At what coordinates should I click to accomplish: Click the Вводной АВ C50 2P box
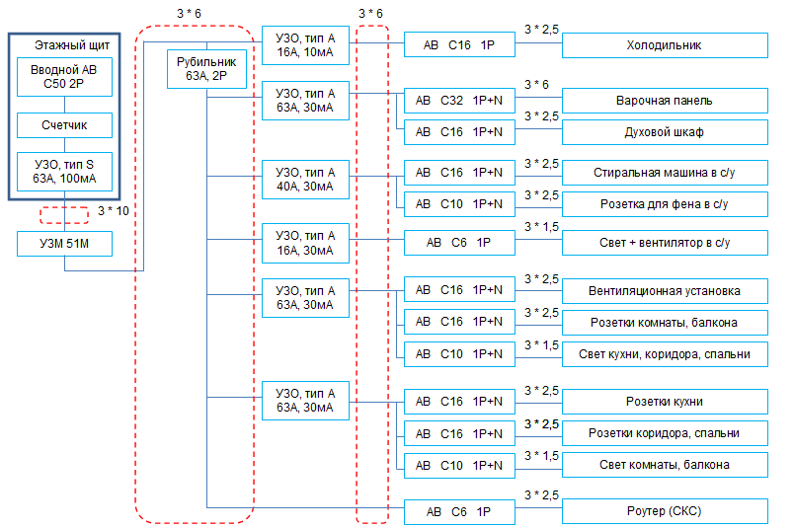click(64, 77)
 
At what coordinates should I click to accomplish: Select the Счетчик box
click(64, 125)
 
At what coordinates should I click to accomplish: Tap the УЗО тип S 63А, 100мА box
click(64, 172)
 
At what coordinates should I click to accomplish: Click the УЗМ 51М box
click(64, 244)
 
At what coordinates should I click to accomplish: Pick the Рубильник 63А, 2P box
click(206, 69)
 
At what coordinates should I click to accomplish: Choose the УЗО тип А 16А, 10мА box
click(305, 45)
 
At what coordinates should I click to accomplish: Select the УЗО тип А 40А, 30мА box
click(305, 180)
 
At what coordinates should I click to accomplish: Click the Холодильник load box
click(665, 45)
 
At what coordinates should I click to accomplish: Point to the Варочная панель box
click(665, 101)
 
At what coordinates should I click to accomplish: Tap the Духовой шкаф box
click(665, 132)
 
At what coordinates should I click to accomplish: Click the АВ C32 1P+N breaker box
click(459, 101)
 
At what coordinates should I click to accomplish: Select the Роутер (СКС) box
click(665, 512)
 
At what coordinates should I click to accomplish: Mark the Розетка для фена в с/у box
click(665, 204)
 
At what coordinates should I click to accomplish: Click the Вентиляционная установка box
click(665, 291)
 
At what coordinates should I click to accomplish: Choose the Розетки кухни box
click(665, 402)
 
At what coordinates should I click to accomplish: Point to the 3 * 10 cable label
click(114, 211)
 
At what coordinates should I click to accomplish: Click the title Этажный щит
click(72, 45)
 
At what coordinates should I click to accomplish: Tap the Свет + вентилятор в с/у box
click(665, 243)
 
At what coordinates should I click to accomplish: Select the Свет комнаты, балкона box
click(665, 465)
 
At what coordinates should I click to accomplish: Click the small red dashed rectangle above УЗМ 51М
click(64, 207)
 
